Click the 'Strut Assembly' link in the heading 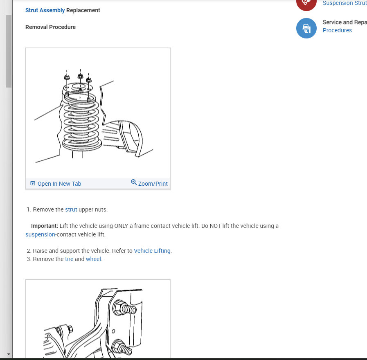(x=45, y=10)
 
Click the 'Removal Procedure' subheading (x=50, y=27)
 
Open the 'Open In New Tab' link (x=59, y=184)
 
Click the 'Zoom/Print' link (x=153, y=184)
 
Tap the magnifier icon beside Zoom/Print (x=134, y=182)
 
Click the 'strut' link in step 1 (x=71, y=209)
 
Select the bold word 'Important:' (x=45, y=226)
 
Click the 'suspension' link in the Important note (x=40, y=234)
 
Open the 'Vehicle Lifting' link (x=152, y=251)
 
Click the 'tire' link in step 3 (x=69, y=259)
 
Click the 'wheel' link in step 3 (x=93, y=259)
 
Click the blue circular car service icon (x=306, y=28)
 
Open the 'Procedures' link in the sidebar (x=337, y=30)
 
